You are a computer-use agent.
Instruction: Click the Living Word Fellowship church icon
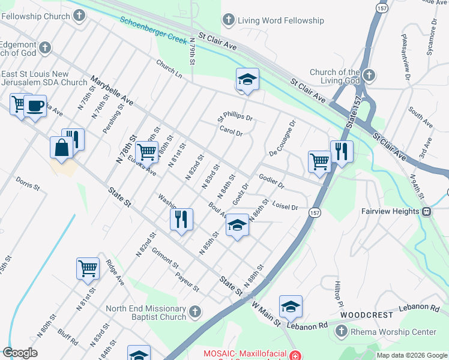coord(228,20)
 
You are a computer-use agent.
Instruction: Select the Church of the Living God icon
coord(369,76)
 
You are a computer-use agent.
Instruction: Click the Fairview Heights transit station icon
coord(426,212)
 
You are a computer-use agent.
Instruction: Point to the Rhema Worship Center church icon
coord(341,331)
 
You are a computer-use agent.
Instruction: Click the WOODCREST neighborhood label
coord(366,314)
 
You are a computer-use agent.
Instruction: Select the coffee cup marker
coord(35,106)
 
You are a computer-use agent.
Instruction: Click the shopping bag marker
coord(62,148)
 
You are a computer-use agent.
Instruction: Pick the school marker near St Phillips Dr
coord(247,80)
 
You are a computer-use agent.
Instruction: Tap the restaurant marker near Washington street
coord(181,219)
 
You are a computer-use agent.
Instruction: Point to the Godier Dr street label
coord(271,181)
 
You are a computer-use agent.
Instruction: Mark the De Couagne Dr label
coord(283,139)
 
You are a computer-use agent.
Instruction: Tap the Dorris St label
coord(28,183)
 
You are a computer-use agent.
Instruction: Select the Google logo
coord(20,353)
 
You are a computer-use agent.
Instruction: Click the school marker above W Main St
coord(291,307)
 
